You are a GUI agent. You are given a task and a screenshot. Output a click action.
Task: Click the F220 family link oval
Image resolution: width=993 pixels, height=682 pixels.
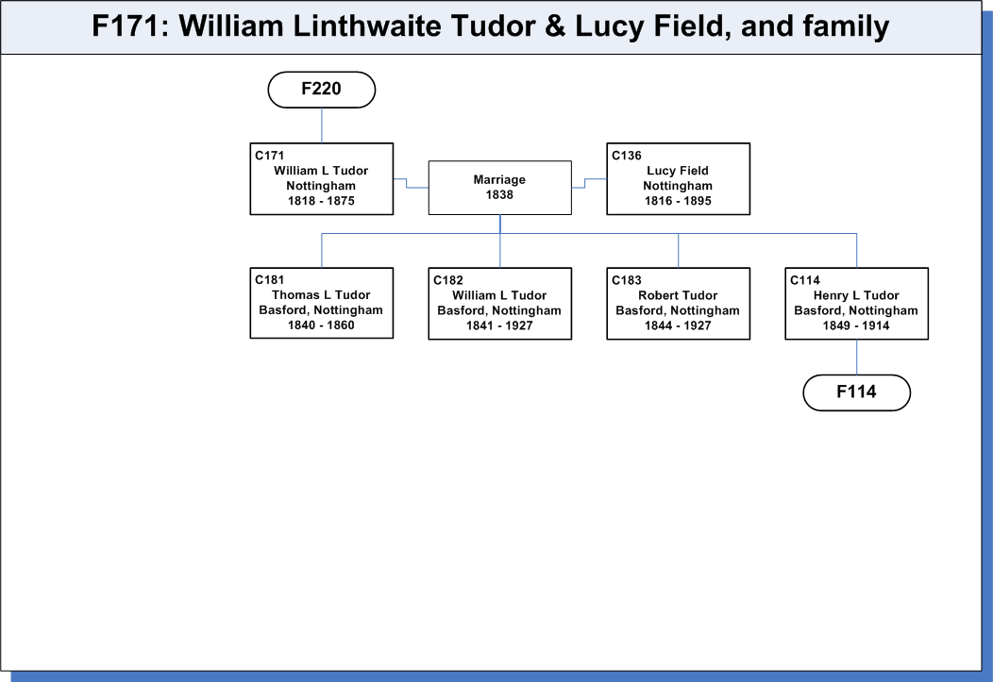click(322, 90)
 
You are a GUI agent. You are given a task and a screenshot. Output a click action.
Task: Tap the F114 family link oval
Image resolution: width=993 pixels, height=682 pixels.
click(857, 392)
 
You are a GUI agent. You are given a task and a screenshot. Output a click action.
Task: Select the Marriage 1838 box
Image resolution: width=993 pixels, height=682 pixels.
click(499, 188)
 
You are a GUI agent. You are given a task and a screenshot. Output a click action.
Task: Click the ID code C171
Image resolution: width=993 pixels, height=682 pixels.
click(270, 156)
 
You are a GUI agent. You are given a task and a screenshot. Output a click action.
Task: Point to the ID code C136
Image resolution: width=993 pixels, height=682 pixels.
click(627, 156)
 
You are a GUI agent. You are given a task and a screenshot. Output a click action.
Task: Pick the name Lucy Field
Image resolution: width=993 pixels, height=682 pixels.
click(678, 171)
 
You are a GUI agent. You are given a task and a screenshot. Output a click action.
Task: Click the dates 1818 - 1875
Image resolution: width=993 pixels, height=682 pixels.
click(321, 201)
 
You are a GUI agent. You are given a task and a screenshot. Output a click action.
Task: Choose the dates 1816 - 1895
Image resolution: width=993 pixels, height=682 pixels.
click(678, 201)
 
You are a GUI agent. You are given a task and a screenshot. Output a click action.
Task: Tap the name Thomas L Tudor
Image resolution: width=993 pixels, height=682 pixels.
click(321, 295)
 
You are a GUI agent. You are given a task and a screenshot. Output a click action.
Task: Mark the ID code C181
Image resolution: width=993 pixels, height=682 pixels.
click(270, 279)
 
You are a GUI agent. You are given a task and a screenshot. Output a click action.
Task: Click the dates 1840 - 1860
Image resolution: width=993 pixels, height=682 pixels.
click(321, 325)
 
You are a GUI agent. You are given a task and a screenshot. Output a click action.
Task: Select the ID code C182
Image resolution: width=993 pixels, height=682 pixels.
click(448, 280)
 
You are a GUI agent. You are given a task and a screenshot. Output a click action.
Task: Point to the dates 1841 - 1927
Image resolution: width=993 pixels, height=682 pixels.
click(499, 325)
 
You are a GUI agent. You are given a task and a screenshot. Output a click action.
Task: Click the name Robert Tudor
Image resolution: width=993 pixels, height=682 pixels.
click(678, 295)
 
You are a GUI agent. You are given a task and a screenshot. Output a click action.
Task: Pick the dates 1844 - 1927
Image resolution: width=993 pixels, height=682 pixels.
click(678, 325)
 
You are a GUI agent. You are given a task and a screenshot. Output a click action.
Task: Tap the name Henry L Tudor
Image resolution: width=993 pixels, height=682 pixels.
click(856, 295)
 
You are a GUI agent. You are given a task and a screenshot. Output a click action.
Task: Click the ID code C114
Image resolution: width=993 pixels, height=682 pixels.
click(805, 280)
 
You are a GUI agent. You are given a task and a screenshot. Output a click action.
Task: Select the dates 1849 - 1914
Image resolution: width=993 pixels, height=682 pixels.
click(856, 325)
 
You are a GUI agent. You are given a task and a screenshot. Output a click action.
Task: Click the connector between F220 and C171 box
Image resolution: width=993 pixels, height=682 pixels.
click(322, 125)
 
